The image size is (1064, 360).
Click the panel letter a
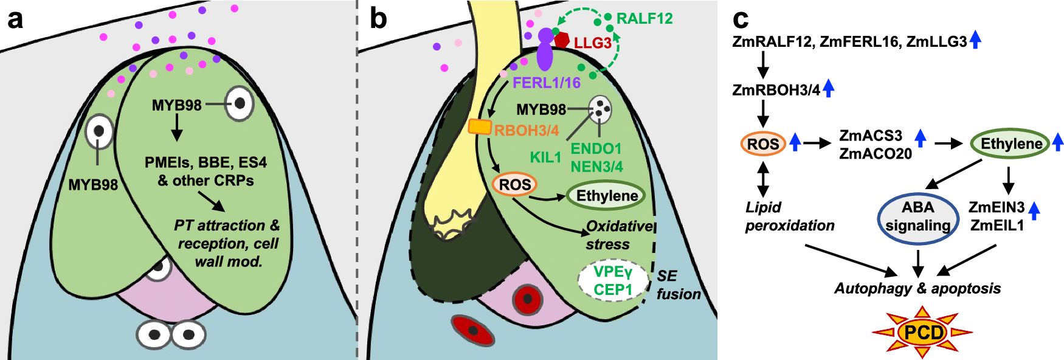pyautogui.click(x=15, y=19)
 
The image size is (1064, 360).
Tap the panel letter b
pyautogui.click(x=378, y=19)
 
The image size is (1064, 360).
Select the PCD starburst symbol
pyautogui.click(x=922, y=333)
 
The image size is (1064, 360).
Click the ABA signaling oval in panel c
pyautogui.click(x=918, y=217)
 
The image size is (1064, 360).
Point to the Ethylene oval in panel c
pyautogui.click(x=1010, y=144)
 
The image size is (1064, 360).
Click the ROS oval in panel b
pyautogui.click(x=515, y=185)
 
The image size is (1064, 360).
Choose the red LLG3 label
pyautogui.click(x=592, y=43)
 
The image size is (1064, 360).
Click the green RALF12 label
pyautogui.click(x=644, y=19)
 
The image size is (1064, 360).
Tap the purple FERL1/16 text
pyautogui.click(x=546, y=83)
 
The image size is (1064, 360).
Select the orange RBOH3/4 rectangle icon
pyautogui.click(x=480, y=126)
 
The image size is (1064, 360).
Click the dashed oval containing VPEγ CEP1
pyautogui.click(x=613, y=280)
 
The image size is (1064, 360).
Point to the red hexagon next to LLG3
pyautogui.click(x=562, y=41)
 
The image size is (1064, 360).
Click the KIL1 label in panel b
pyautogui.click(x=545, y=157)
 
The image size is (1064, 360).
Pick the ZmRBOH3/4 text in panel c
pyautogui.click(x=776, y=91)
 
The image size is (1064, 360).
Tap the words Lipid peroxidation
pyautogui.click(x=789, y=216)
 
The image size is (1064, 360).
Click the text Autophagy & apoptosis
pyautogui.click(x=917, y=288)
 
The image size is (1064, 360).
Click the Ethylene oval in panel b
pyautogui.click(x=606, y=196)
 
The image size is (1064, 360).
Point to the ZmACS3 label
pyautogui.click(x=871, y=136)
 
